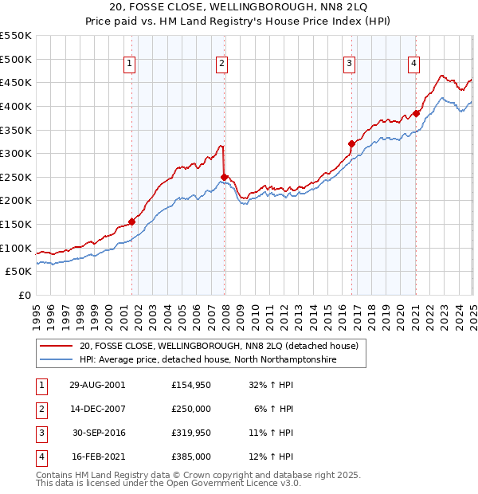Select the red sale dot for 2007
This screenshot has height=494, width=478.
coord(225,177)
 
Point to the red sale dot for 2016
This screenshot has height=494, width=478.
coord(351,144)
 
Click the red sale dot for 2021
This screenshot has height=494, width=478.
coord(415,113)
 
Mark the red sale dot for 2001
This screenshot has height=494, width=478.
coord(132,222)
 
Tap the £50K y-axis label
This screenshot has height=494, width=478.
coord(19,272)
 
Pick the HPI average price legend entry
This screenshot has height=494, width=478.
coord(208,360)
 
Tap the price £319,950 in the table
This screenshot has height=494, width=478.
coord(190,433)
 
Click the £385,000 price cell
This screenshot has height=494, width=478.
coord(190,457)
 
